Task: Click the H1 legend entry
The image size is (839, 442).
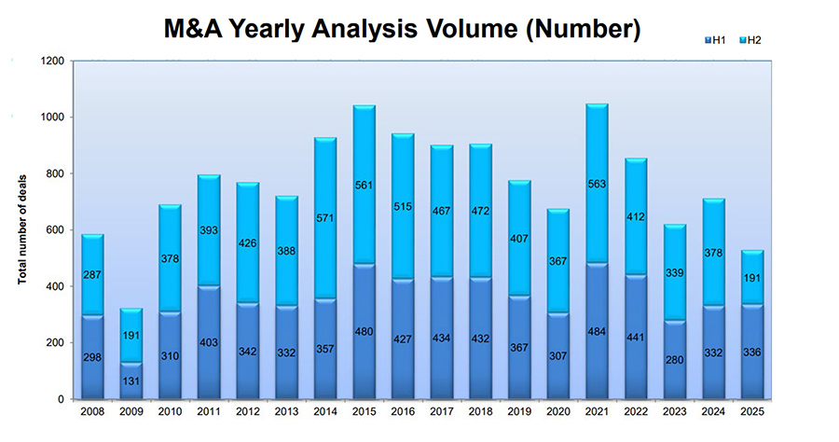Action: [719, 39]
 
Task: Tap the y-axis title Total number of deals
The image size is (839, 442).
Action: [23, 230]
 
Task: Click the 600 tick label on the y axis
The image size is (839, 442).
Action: [54, 230]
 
